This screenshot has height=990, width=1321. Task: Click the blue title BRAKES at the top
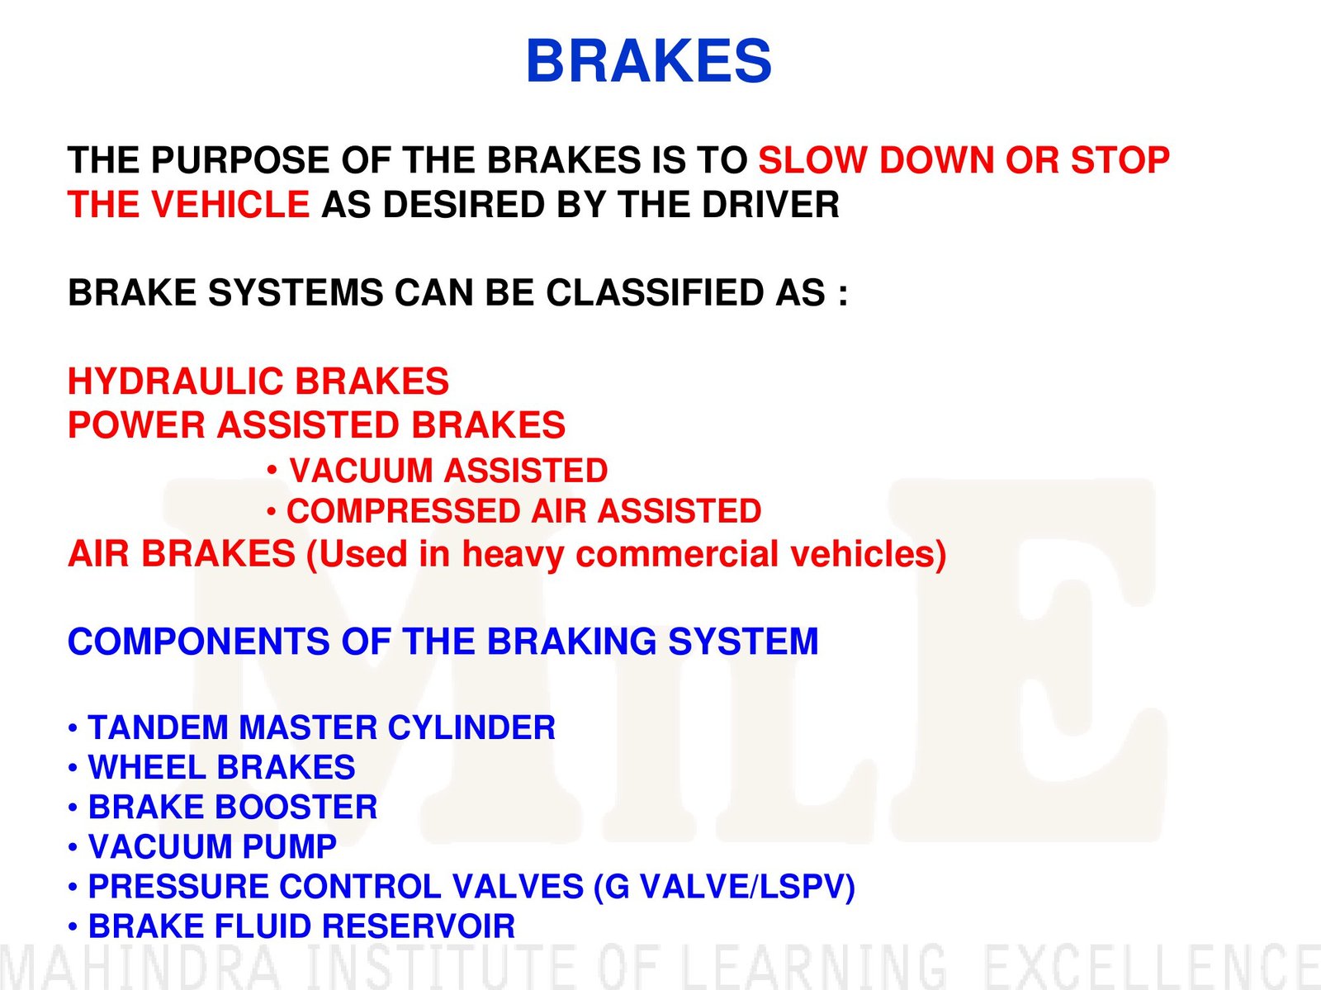tap(649, 61)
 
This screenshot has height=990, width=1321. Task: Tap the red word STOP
tap(1120, 160)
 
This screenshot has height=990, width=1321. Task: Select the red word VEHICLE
tap(230, 204)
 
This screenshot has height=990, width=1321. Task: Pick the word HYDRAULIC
tap(175, 381)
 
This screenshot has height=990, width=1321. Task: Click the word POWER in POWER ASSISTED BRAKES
tap(136, 425)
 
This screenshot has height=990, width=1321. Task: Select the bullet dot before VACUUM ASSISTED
tap(272, 470)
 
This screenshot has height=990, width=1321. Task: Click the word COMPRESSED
tap(404, 511)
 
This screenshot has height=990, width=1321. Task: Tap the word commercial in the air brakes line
tap(677, 554)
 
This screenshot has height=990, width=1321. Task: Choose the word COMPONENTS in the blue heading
tap(199, 641)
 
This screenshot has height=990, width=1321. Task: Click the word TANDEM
tap(158, 727)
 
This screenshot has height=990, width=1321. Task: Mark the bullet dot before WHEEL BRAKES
tap(73, 768)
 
